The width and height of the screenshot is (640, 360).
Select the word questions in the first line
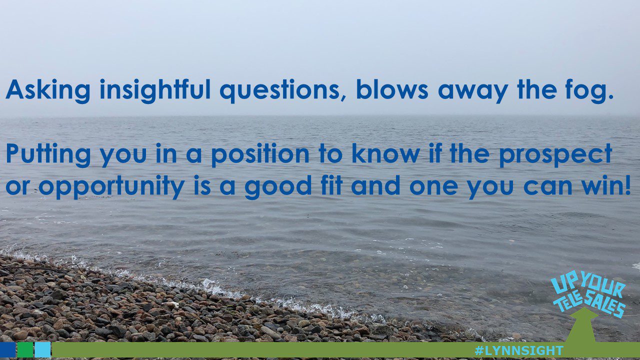tap(283, 91)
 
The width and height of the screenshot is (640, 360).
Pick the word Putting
tap(48, 154)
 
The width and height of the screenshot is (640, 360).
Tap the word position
tap(260, 154)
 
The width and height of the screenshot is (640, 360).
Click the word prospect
tap(555, 154)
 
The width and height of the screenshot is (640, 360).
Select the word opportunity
tap(111, 187)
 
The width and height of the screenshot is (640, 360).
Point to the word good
tap(278, 186)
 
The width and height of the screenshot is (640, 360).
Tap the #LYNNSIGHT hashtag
tap(519, 350)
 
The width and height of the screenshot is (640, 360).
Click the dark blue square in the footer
tap(7, 349)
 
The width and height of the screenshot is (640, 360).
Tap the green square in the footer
tap(25, 349)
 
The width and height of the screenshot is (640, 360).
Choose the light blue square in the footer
tap(43, 349)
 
